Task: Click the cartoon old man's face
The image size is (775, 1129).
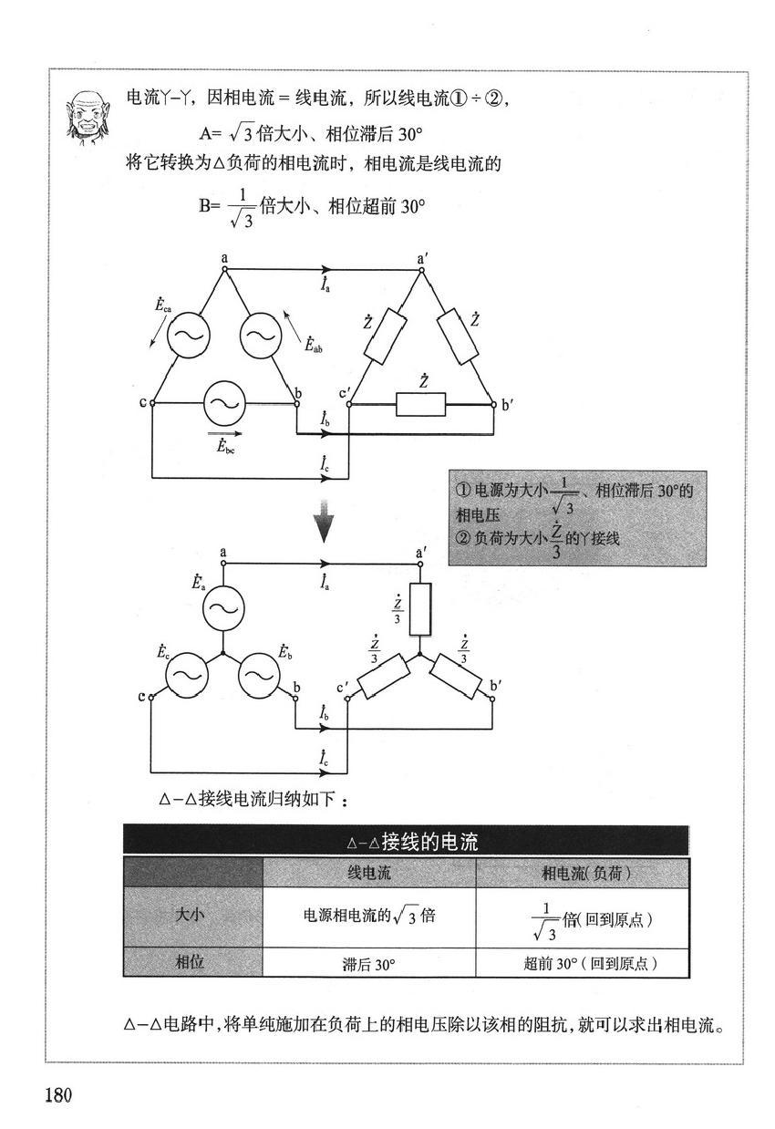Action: (x=88, y=117)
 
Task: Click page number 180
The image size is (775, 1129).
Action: (x=58, y=1094)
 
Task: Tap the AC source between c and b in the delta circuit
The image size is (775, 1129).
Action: (x=224, y=403)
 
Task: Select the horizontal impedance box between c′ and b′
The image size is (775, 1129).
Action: (x=420, y=404)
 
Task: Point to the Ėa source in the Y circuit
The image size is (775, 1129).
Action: (x=223, y=608)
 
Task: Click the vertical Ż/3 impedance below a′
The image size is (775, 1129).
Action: (x=419, y=609)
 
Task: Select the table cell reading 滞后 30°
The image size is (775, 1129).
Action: (x=369, y=964)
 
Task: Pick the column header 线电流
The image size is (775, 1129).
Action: (x=369, y=874)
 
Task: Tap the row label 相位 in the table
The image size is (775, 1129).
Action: (x=190, y=962)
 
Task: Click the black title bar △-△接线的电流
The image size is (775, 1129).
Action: (x=406, y=841)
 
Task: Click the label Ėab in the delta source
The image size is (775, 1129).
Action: (x=313, y=345)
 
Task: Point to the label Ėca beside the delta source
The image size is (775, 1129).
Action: (x=163, y=305)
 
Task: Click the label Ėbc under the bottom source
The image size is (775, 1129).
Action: (x=225, y=447)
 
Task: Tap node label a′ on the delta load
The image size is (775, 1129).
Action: (x=422, y=259)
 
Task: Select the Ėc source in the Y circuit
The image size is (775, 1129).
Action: (x=187, y=675)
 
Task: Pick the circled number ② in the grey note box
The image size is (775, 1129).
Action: (x=462, y=539)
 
